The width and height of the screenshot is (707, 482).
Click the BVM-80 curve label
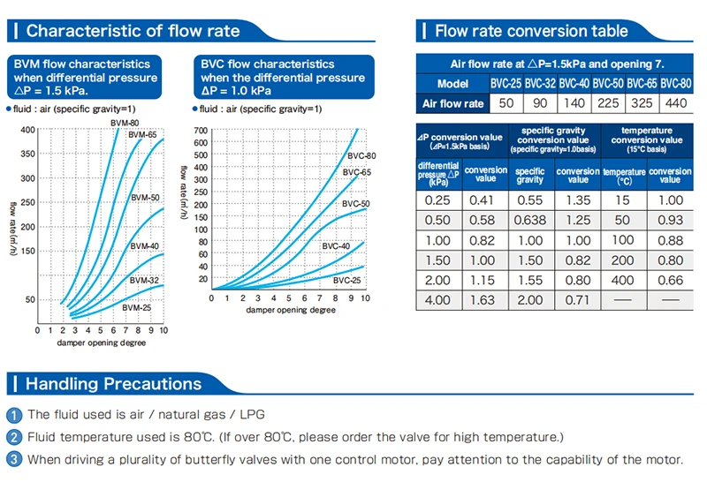[x=125, y=122]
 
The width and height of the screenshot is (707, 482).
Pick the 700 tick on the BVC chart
[x=200, y=131]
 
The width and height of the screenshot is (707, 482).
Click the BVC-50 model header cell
[x=607, y=84]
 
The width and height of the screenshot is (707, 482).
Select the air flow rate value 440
[x=675, y=103]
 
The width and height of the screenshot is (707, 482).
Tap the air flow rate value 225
[x=607, y=103]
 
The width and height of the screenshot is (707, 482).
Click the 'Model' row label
[x=452, y=84]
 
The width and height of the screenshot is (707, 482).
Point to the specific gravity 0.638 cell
[x=529, y=219]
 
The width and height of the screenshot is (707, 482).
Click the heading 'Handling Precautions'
[x=113, y=384]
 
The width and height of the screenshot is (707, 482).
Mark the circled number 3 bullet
[x=13, y=459]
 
